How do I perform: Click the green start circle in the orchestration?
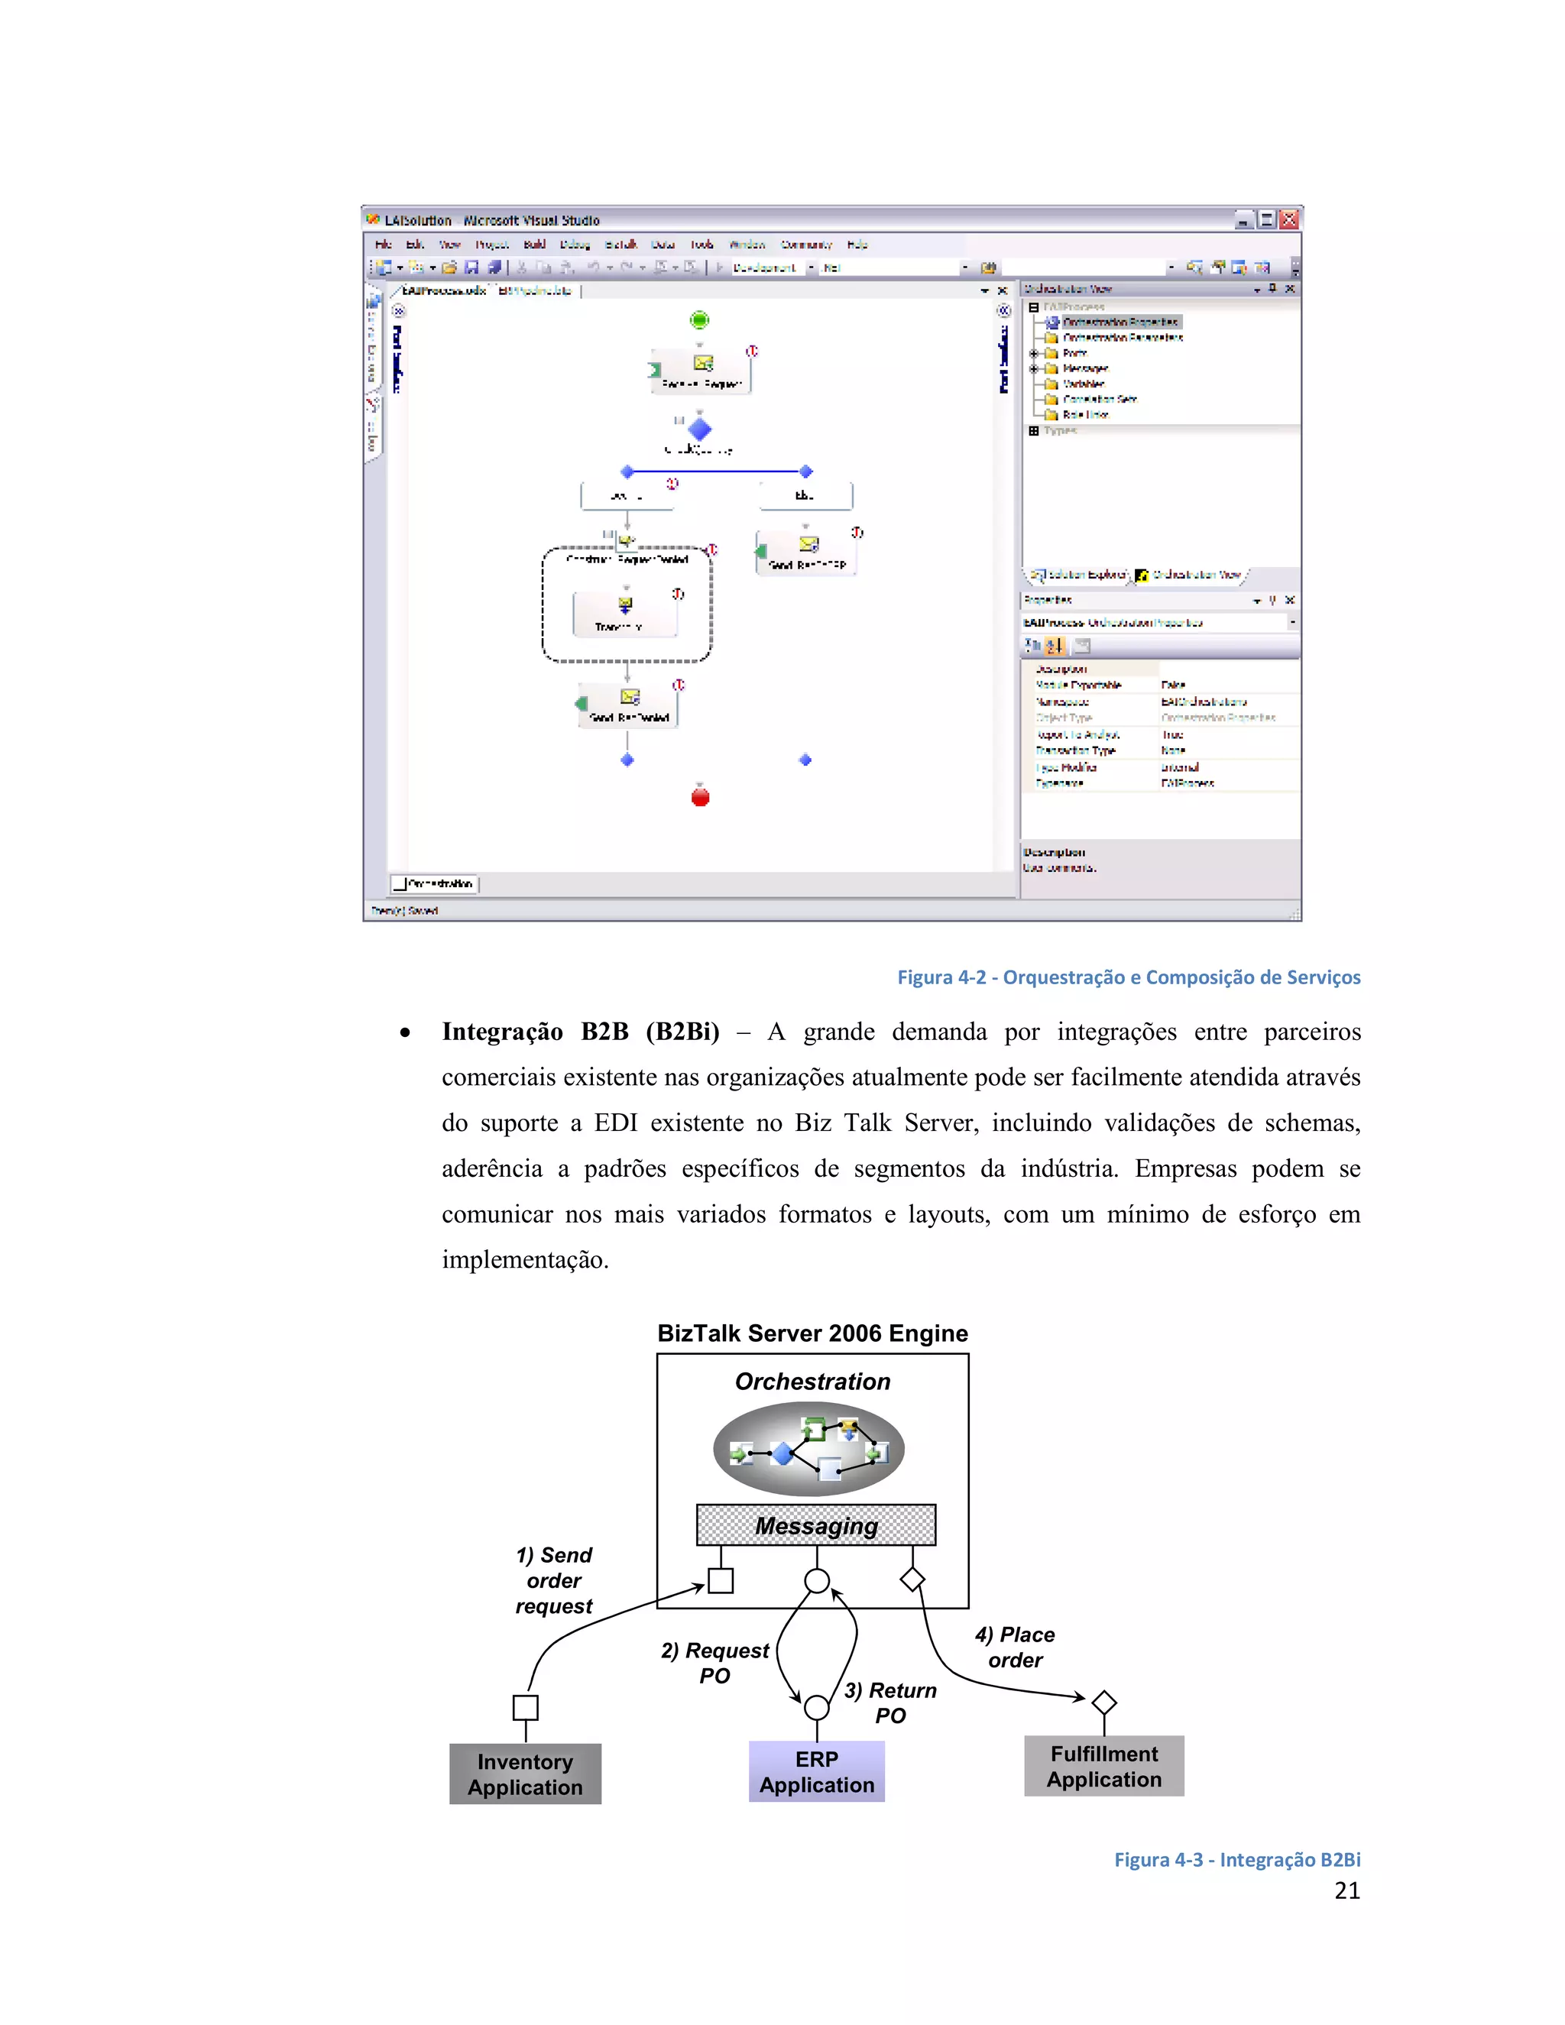coord(699,320)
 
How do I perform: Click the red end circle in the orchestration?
coord(700,796)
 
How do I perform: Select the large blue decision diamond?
coord(700,429)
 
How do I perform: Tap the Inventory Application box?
coord(525,1774)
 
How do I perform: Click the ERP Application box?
coord(816,1771)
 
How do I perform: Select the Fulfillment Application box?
coord(1103,1765)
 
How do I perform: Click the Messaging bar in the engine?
coord(816,1525)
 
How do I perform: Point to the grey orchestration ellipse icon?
coord(808,1448)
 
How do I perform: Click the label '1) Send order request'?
coord(553,1580)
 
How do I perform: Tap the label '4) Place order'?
coord(1014,1647)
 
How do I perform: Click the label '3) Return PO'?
coord(890,1703)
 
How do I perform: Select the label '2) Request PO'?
coord(714,1663)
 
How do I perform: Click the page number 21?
coord(1346,1891)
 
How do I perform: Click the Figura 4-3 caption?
coord(1237,1859)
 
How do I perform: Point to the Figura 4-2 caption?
coord(1129,977)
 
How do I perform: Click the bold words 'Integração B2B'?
coord(535,1031)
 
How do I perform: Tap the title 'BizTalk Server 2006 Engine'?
coord(812,1333)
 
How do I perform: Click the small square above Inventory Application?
coord(526,1707)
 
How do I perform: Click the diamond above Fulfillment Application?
coord(1104,1703)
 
